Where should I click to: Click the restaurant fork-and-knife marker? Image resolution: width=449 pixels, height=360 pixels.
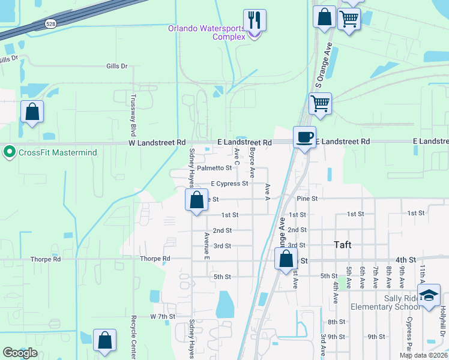coord(255,20)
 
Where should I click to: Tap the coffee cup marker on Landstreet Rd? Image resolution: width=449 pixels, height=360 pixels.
coord(304,137)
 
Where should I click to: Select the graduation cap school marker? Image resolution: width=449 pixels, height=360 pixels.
coord(429,296)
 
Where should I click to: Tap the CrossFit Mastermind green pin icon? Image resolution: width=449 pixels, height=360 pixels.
coord(10,152)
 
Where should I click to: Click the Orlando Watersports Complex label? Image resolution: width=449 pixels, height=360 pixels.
coord(206,32)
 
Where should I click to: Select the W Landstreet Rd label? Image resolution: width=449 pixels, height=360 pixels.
coord(157,143)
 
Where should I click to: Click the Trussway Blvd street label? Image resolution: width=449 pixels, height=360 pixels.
coord(134,114)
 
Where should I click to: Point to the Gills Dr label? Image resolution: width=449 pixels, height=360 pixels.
coord(117,66)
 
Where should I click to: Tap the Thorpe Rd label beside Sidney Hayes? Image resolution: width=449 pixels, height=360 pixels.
coord(155,259)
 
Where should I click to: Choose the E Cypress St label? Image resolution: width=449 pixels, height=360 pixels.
coord(229,184)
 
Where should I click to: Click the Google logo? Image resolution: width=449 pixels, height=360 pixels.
coord(20,353)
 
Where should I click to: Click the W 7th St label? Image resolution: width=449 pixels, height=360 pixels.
coord(162,316)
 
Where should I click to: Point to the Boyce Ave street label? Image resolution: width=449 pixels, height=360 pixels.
coord(253,163)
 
